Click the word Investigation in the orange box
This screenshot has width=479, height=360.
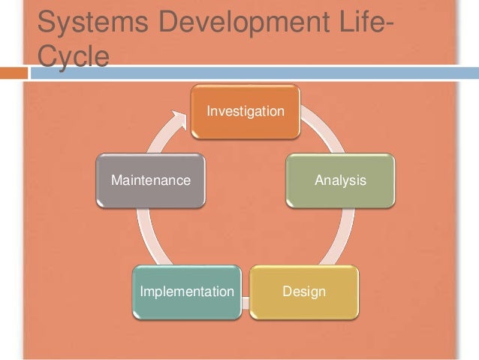pyautogui.click(x=246, y=111)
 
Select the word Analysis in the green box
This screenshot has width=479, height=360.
pyautogui.click(x=340, y=180)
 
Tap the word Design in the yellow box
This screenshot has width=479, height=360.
pyautogui.click(x=304, y=291)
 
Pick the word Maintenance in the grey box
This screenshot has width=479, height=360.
pyautogui.click(x=151, y=180)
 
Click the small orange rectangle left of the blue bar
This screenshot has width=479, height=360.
pyautogui.click(x=13, y=73)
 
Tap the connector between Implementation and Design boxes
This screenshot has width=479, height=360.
pyautogui.click(x=246, y=302)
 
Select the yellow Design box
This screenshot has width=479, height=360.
pyautogui.click(x=303, y=301)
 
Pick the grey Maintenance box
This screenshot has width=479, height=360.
pyautogui.click(x=151, y=192)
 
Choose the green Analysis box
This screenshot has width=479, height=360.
pyautogui.click(x=340, y=192)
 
